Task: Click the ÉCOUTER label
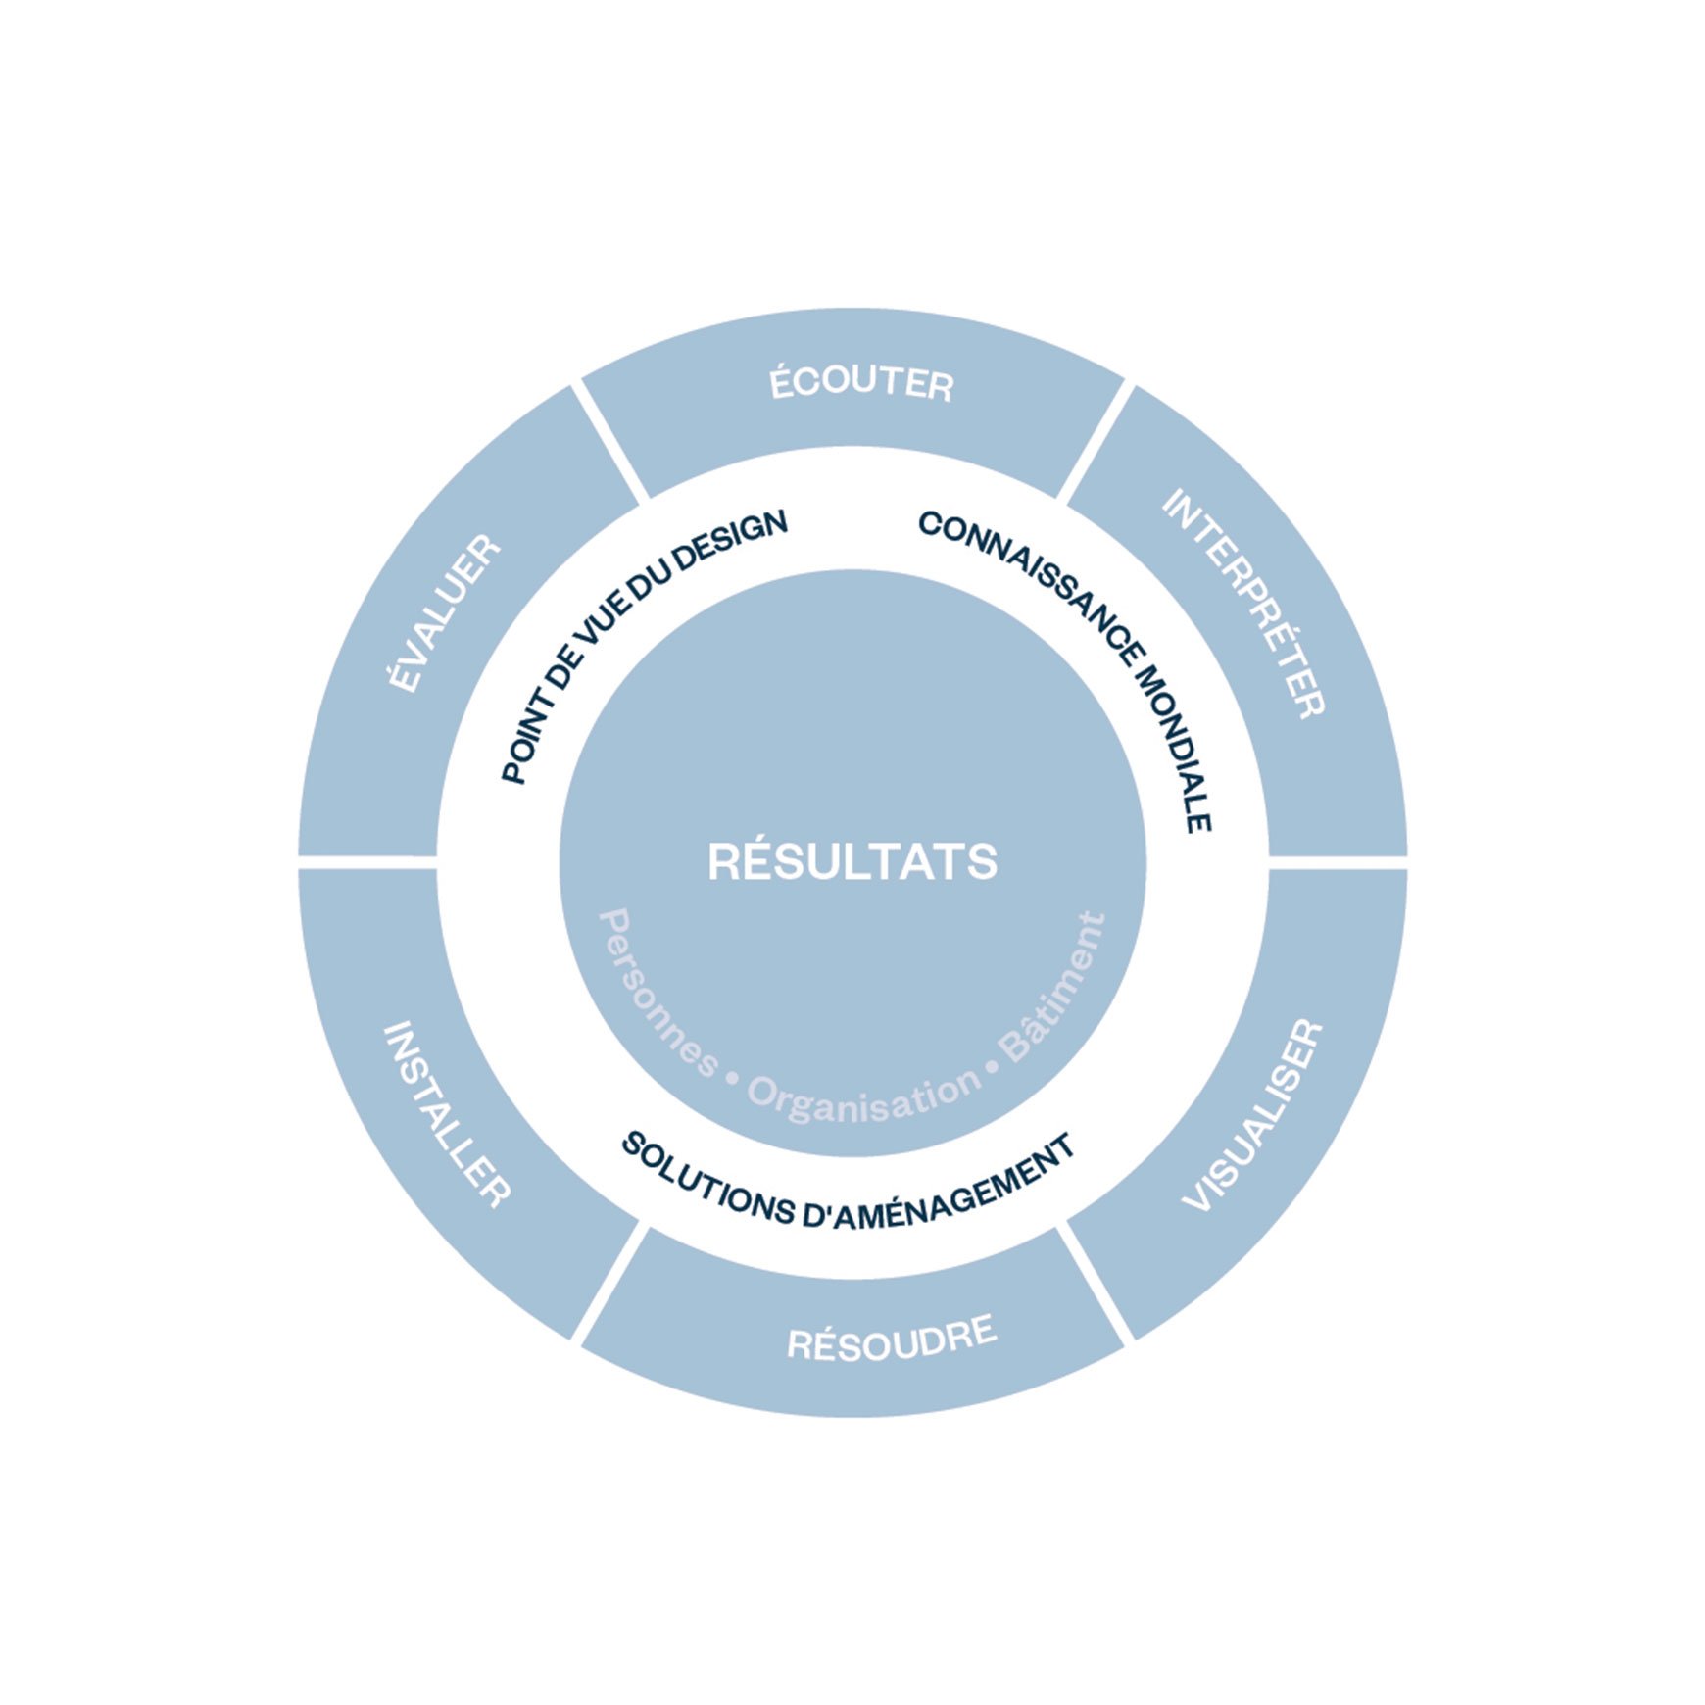(x=861, y=381)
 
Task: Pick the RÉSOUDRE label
(x=892, y=1338)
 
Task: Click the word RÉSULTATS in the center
(x=852, y=862)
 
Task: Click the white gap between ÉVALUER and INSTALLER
(x=367, y=862)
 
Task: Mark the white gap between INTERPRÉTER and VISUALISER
(x=1339, y=862)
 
